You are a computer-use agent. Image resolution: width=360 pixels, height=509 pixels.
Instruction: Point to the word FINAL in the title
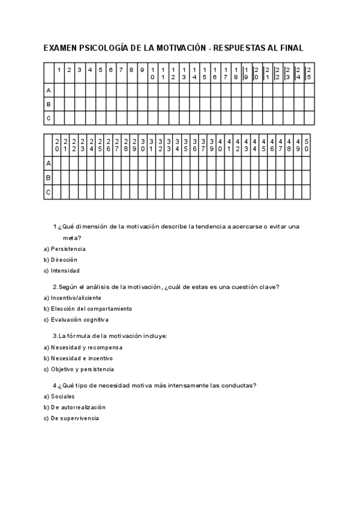coord(290,47)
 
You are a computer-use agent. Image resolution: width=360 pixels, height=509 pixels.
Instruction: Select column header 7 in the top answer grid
coord(121,70)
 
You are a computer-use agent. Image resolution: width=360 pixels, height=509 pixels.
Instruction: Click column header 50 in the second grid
coord(306,145)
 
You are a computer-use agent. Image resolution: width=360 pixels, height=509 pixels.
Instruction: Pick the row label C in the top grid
coord(49,118)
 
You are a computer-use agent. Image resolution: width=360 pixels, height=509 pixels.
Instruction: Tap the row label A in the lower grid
coord(49,163)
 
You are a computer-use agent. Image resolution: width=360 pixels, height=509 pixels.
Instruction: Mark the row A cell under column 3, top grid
coord(79,90)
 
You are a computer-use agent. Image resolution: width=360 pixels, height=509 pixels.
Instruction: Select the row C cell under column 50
coord(306,193)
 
